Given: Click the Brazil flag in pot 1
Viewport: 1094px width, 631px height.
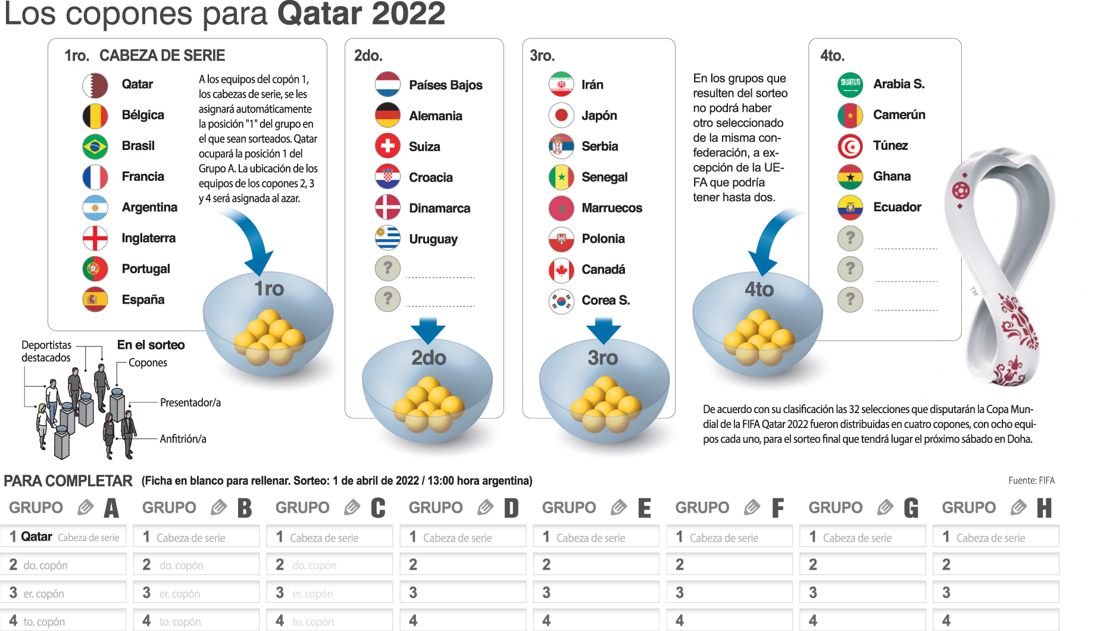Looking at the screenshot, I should click(x=95, y=146).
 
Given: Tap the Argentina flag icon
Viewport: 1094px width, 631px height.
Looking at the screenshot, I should click(x=95, y=208).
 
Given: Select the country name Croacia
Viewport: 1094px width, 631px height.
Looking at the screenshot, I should click(x=430, y=177).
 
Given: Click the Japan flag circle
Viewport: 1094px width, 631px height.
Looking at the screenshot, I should click(x=561, y=115).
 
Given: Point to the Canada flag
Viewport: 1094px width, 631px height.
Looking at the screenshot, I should click(x=561, y=270).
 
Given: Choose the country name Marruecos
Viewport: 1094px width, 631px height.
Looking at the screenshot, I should click(x=611, y=208).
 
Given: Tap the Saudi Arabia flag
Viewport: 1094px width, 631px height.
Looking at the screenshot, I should click(x=850, y=85).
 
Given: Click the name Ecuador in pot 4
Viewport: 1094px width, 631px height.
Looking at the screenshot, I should click(x=897, y=207).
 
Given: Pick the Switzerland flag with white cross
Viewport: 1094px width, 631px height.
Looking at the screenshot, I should click(x=387, y=146).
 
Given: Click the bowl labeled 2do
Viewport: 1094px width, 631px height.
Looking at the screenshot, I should click(x=427, y=387).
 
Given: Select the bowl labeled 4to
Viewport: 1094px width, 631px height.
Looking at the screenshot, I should click(x=758, y=324).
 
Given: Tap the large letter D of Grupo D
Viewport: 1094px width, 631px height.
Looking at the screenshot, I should click(x=511, y=508).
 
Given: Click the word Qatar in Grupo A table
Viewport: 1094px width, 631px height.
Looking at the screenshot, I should click(x=37, y=537).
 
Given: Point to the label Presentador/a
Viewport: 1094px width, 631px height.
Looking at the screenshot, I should click(x=190, y=403).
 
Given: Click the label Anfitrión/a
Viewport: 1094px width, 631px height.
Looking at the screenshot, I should click(x=183, y=439).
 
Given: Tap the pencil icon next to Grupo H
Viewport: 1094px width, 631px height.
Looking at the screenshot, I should click(x=1018, y=508).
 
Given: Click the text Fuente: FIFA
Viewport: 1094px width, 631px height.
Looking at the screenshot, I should click(x=1031, y=481).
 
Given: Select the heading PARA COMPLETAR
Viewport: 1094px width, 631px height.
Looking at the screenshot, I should click(x=68, y=481).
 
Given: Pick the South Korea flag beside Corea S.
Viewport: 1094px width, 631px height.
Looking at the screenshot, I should click(x=561, y=301).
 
